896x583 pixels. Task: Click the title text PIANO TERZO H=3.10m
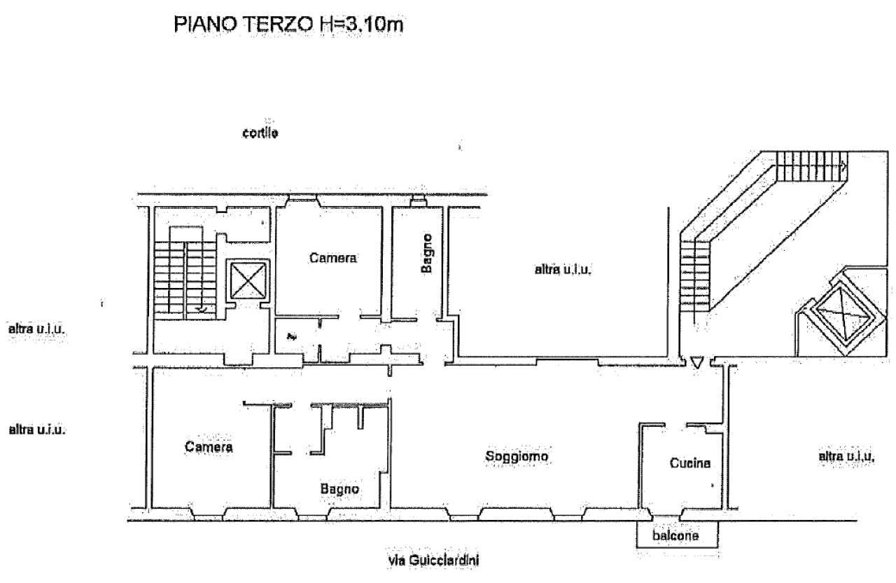tap(288, 25)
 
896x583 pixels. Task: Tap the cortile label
tap(260, 132)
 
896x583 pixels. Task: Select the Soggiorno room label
tap(517, 456)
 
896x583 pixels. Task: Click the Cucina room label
tap(690, 463)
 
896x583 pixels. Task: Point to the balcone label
tap(675, 535)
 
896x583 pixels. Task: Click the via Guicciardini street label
tap(433, 560)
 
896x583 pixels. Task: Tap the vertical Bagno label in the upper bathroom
tap(427, 254)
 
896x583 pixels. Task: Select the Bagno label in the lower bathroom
tap(339, 489)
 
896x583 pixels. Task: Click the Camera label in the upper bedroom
tap(332, 257)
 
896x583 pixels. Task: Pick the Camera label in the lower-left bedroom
tap(209, 446)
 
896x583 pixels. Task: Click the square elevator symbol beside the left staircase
tap(248, 280)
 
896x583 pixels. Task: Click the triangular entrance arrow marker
tap(696, 362)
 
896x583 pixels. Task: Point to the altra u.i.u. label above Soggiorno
tap(563, 270)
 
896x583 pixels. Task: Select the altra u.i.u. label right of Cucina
tap(846, 456)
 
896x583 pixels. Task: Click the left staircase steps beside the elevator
tap(185, 280)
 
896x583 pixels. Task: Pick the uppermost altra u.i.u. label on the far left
tap(36, 329)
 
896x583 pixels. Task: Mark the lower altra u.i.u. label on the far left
tap(37, 430)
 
